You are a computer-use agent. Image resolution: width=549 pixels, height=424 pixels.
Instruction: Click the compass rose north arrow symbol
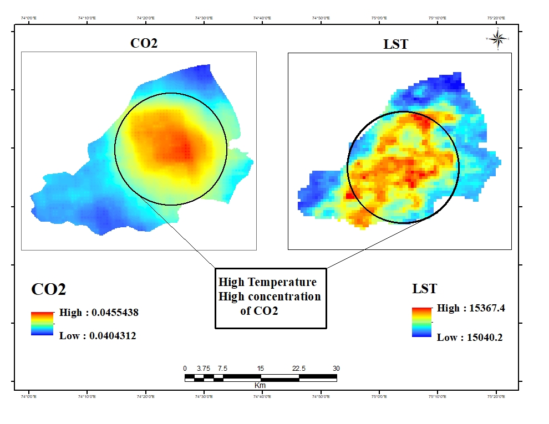[x=498, y=38]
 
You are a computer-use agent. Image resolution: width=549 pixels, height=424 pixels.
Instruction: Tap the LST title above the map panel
[x=395, y=44]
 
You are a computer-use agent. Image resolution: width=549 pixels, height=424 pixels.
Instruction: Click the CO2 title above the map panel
[x=144, y=43]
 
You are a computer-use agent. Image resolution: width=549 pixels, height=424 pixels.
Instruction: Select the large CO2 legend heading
[x=49, y=289]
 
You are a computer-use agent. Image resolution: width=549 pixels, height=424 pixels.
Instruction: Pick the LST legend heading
[x=424, y=289]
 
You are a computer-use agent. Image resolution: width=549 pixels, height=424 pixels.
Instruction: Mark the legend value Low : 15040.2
[x=470, y=338]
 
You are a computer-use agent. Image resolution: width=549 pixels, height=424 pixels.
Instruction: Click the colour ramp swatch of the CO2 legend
[x=41, y=324]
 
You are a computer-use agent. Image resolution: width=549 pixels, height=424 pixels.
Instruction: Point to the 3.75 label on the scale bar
[x=204, y=369]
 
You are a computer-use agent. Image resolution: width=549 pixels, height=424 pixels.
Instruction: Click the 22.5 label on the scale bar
[x=299, y=369]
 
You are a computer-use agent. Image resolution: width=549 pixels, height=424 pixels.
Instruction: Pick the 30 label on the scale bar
[x=336, y=369]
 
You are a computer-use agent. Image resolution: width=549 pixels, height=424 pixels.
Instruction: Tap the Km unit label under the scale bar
[x=260, y=385]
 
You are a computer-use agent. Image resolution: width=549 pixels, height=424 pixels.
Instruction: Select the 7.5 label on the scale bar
[x=223, y=369]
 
